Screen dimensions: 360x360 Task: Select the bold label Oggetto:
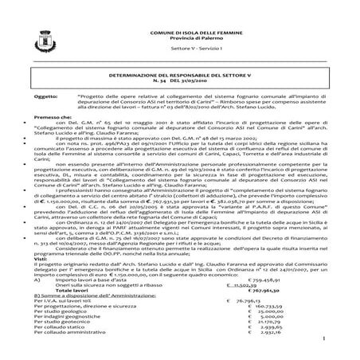[x=45, y=94]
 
